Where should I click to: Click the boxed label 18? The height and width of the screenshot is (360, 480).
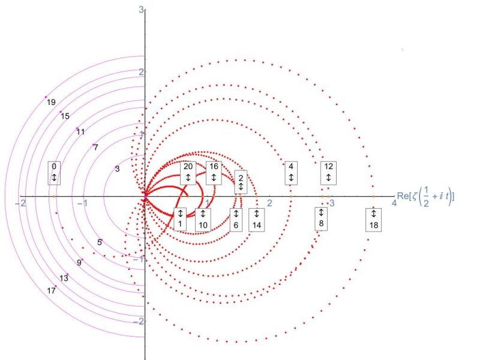373,220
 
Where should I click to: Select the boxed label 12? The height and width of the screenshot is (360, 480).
328,173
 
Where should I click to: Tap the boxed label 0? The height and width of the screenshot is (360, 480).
54,173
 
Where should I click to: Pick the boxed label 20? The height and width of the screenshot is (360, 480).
188,173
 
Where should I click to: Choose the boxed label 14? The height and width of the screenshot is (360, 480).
257,220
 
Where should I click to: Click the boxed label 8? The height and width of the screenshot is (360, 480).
321,218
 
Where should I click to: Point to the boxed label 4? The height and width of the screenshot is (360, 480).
291,173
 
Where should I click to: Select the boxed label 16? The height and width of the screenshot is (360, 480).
214,173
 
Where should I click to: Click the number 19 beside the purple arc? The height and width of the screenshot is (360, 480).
51,102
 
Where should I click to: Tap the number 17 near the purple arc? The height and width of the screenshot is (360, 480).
51,290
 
